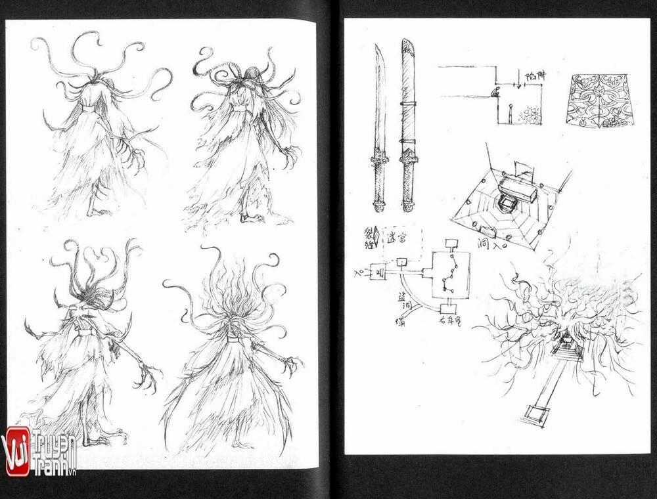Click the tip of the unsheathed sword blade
(378, 47)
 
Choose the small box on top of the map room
(451, 244)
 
